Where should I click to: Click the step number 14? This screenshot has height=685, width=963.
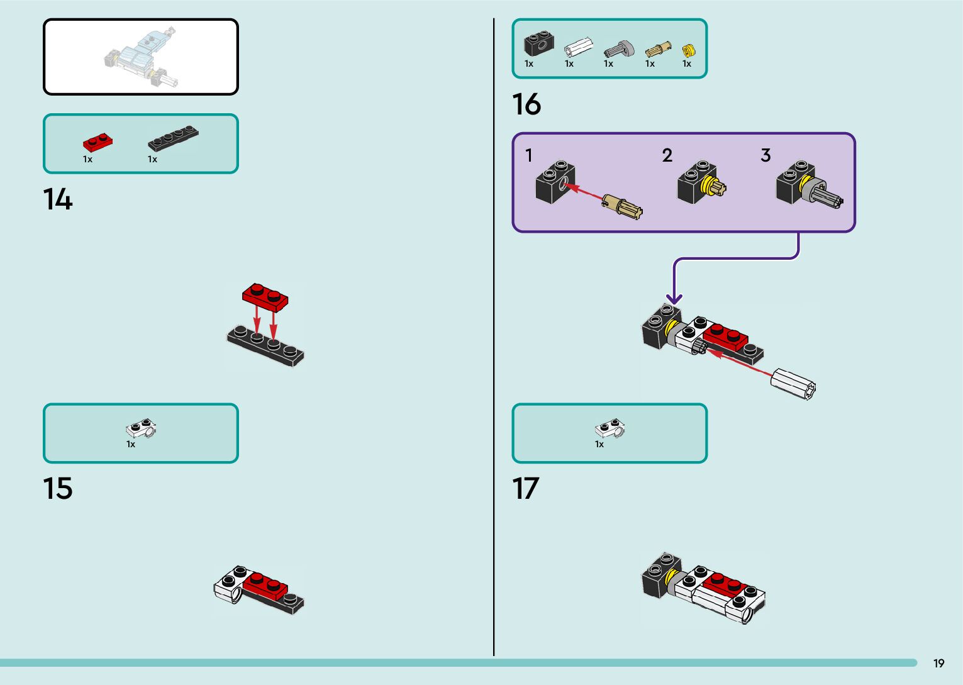(x=58, y=199)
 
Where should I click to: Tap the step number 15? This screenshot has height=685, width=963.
(x=58, y=489)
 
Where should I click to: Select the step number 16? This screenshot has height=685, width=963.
(x=526, y=104)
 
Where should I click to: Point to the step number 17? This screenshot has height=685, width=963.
(x=526, y=489)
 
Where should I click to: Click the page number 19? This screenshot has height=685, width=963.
(x=938, y=664)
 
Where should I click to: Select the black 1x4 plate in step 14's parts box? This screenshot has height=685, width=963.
(x=173, y=139)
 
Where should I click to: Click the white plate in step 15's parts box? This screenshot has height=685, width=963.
(x=141, y=429)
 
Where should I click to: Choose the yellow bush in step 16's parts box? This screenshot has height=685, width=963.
(x=688, y=50)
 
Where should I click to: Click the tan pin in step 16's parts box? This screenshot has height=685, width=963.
(x=657, y=50)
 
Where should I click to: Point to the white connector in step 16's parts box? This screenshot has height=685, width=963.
(x=578, y=48)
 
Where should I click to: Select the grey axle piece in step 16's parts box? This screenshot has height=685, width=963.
(x=619, y=49)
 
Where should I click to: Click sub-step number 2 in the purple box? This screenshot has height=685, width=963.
(x=667, y=155)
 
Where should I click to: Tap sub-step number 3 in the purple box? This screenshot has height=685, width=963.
(x=765, y=155)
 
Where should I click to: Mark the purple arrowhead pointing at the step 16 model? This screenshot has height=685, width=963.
(x=674, y=298)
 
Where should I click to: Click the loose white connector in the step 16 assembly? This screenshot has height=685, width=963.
(x=794, y=382)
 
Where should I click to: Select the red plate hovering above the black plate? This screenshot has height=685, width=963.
(x=265, y=297)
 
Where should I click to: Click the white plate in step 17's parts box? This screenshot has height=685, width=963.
(x=610, y=429)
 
